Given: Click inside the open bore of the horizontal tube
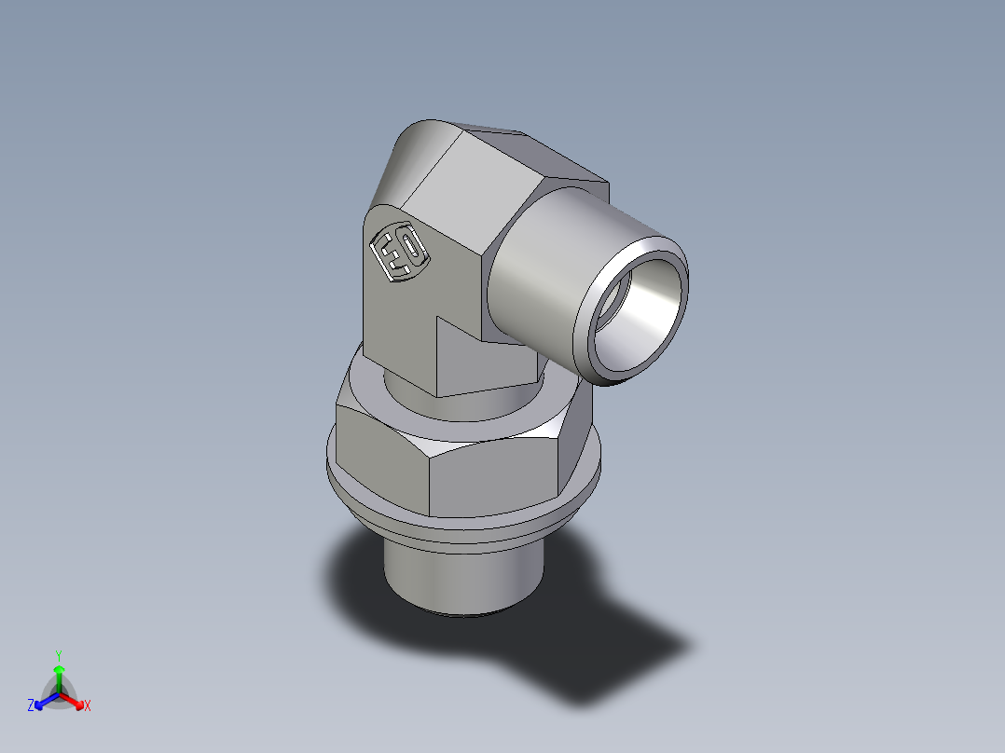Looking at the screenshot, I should (641, 312).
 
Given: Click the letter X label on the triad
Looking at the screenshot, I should (87, 706).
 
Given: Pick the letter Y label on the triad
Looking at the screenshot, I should (59, 655).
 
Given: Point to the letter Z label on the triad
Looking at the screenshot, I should (31, 706).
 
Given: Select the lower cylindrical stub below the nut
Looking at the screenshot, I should (461, 578).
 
